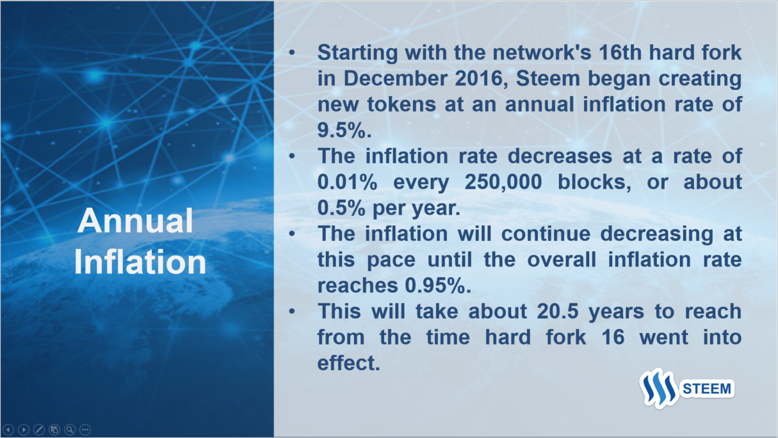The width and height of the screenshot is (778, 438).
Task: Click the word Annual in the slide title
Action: click(135, 220)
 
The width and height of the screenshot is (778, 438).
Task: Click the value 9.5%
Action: click(344, 130)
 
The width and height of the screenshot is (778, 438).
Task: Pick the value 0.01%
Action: click(347, 182)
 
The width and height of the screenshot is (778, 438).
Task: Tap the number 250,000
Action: click(503, 182)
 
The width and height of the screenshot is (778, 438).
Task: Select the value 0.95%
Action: click(438, 285)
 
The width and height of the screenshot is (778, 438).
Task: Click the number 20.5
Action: click(558, 311)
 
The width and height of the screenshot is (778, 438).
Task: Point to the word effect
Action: click(348, 362)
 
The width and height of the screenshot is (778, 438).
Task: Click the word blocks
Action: click(594, 182)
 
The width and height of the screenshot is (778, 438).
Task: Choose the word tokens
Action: click(401, 104)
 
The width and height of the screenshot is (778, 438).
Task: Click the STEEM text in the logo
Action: click(707, 389)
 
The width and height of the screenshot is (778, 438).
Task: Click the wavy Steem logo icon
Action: click(658, 388)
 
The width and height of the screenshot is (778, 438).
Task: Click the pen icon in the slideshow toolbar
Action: click(39, 430)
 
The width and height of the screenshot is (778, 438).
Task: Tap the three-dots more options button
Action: click(85, 430)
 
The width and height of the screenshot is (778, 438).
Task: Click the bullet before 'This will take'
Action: click(292, 311)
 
